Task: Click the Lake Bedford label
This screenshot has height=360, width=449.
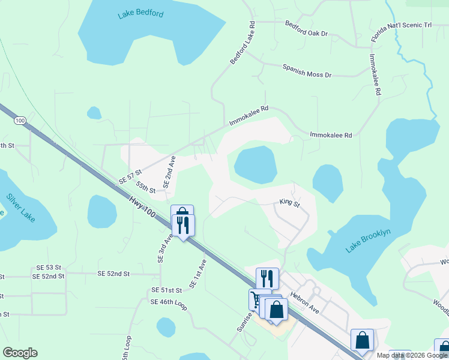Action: (x=140, y=14)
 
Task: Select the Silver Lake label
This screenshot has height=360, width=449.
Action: (x=22, y=207)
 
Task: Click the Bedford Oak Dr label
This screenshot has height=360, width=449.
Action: (x=306, y=29)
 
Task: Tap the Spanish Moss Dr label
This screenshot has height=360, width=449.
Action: (x=307, y=71)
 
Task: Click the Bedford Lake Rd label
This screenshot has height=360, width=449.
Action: (x=243, y=43)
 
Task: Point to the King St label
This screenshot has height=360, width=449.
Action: (x=289, y=203)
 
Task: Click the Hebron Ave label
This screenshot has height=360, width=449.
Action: (x=304, y=301)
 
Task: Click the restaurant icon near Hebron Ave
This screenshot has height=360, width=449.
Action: (x=267, y=278)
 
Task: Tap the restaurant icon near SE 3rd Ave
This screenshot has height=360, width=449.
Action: (x=182, y=225)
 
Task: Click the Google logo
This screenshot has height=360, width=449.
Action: (x=20, y=353)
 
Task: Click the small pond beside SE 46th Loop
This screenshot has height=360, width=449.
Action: (x=166, y=327)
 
